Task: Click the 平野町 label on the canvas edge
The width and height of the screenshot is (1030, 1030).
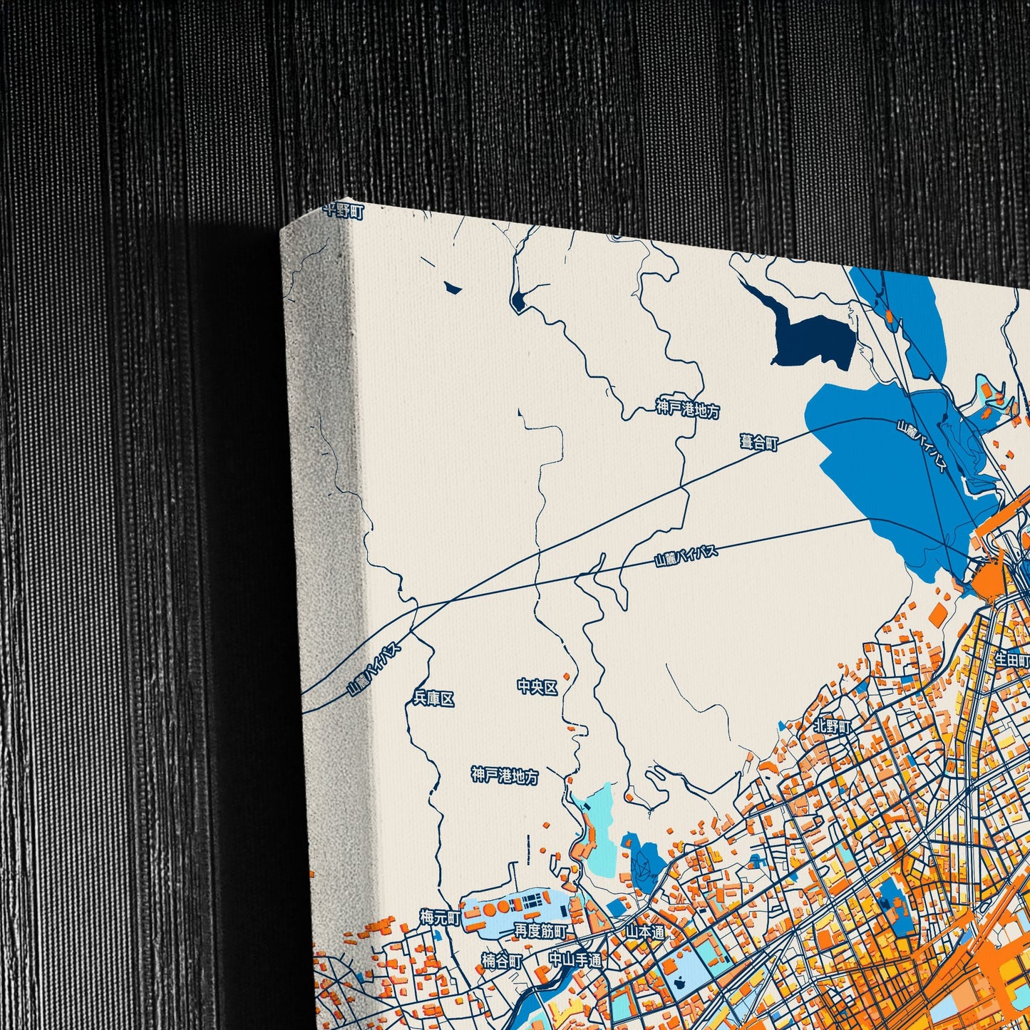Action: [343, 211]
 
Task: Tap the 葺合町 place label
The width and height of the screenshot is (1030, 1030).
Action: [759, 443]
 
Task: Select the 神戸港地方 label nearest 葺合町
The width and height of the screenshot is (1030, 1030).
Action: [687, 410]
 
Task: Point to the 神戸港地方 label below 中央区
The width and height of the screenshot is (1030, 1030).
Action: [505, 776]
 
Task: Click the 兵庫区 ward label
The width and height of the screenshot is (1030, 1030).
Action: [433, 699]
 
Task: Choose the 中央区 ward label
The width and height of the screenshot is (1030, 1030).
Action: [537, 687]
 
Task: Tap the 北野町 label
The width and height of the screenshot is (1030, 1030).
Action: [832, 727]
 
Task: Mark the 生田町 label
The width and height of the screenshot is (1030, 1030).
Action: [1012, 659]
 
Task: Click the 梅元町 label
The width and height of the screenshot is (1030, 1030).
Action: [441, 918]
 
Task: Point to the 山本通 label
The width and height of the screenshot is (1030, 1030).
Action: [646, 932]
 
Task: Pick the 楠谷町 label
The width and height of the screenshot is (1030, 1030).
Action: [502, 962]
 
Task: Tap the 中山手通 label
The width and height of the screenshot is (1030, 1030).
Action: [575, 960]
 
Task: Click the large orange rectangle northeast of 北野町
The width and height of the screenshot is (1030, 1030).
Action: [938, 615]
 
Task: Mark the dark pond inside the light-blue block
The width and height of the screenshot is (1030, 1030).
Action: [679, 980]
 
